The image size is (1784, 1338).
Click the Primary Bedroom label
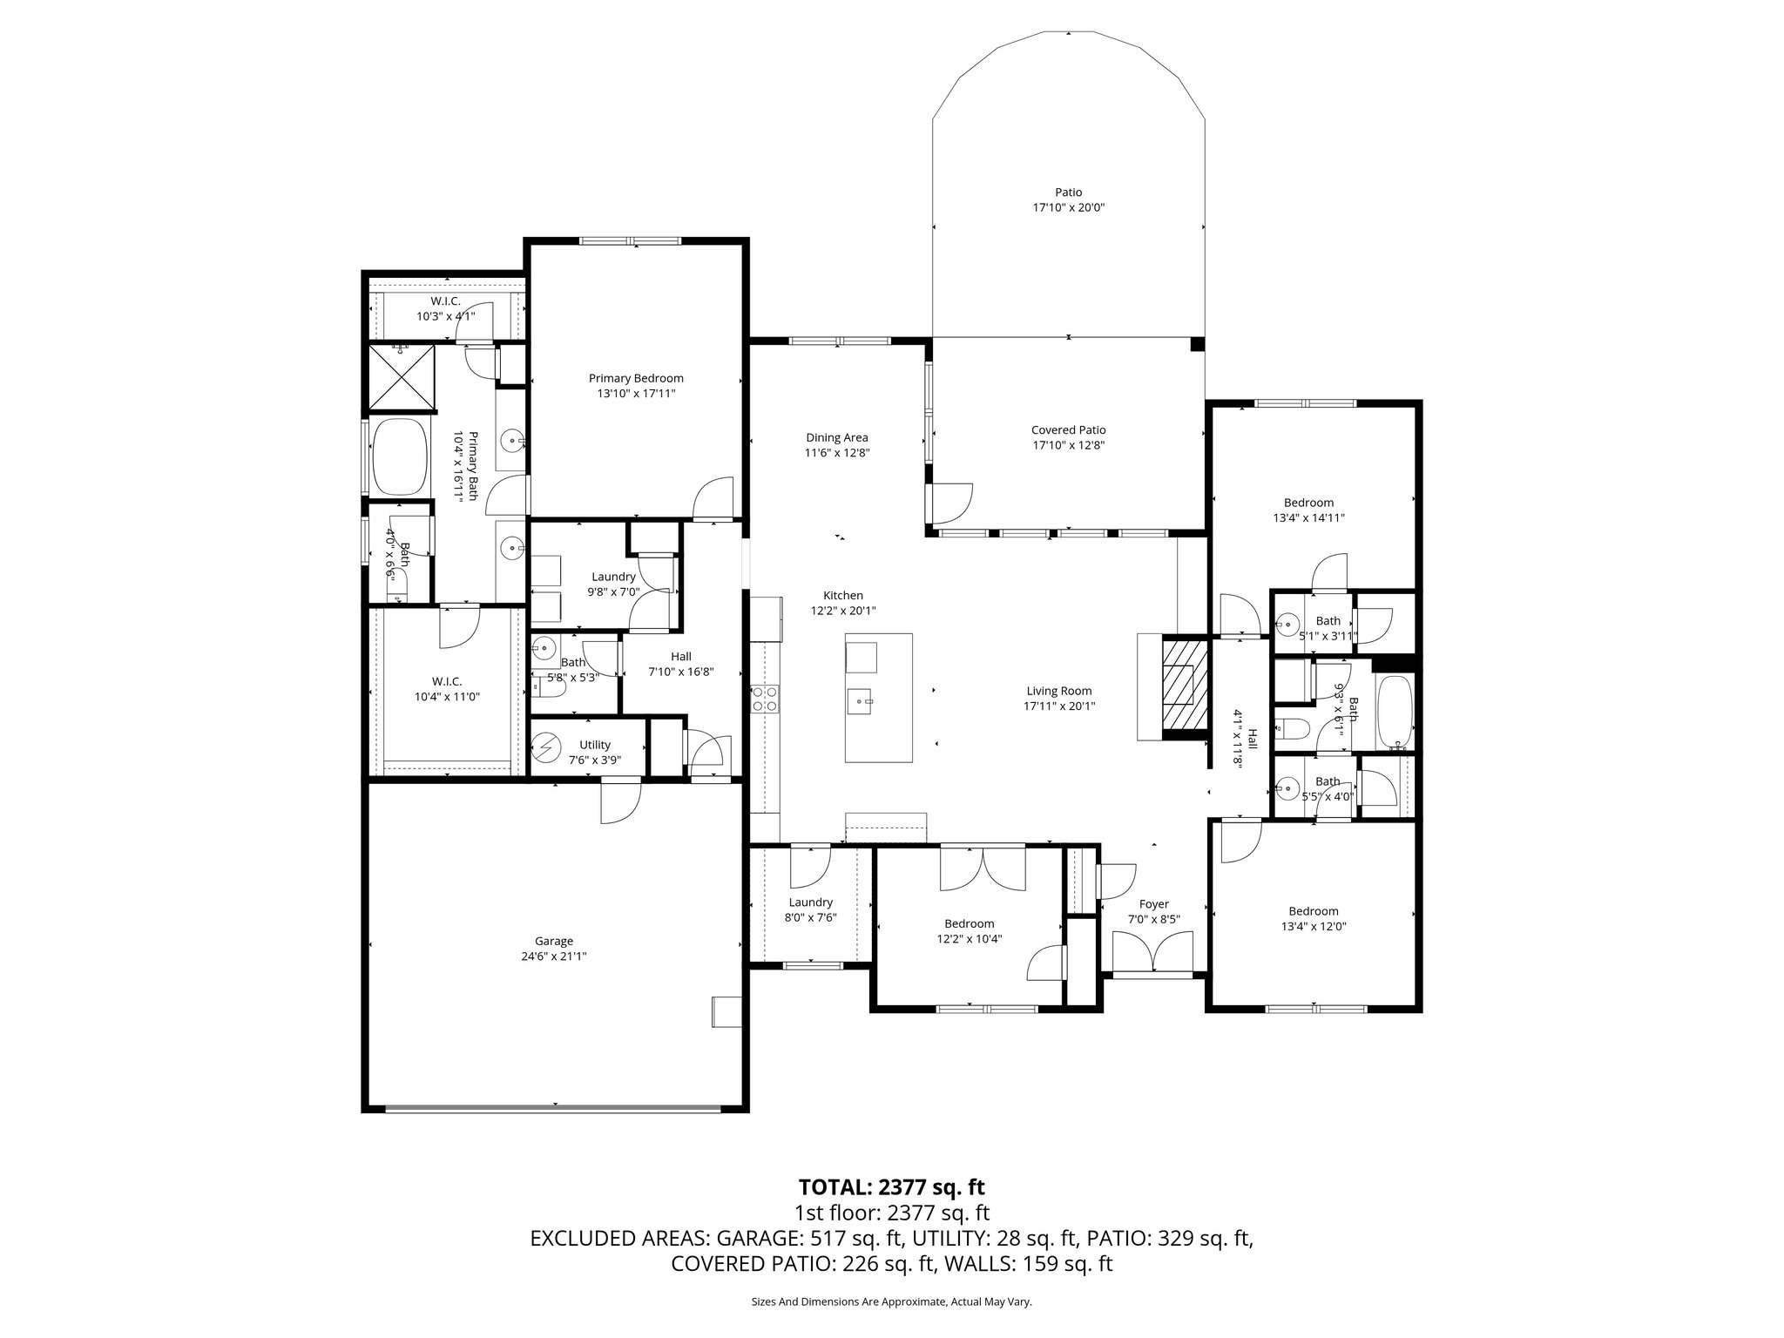[x=636, y=378]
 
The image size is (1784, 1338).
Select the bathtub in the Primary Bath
[x=400, y=456]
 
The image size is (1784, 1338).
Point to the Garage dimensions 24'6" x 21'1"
[x=554, y=956]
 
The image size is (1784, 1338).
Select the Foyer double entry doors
[x=1153, y=951]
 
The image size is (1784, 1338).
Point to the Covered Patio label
[x=1068, y=429]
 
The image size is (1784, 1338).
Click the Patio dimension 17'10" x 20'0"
[x=1068, y=207]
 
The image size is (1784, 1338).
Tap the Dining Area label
[x=836, y=437]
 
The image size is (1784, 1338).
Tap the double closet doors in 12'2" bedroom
[x=983, y=869]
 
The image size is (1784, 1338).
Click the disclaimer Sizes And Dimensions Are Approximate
[x=891, y=1301]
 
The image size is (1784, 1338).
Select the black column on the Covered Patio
[x=1197, y=344]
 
